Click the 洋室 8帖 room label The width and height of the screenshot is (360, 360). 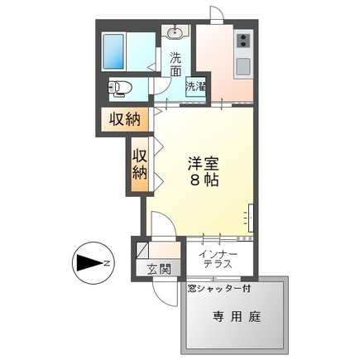pyautogui.click(x=204, y=172)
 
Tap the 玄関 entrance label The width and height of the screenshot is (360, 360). pyautogui.click(x=159, y=269)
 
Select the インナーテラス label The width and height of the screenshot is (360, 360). pyautogui.click(x=218, y=259)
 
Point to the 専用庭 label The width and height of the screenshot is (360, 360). pyautogui.click(x=237, y=317)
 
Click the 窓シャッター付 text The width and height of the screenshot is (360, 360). pyautogui.click(x=219, y=289)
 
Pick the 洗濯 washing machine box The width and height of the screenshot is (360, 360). pyautogui.click(x=195, y=87)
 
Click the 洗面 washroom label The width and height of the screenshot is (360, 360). pyautogui.click(x=175, y=64)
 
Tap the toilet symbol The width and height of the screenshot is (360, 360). pyautogui.click(x=118, y=89)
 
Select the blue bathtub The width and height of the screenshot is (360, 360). pyautogui.click(x=113, y=51)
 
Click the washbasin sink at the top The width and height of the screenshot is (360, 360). pyautogui.click(x=175, y=32)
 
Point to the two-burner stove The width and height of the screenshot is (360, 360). pyautogui.click(x=243, y=41)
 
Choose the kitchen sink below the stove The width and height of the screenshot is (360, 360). pyautogui.click(x=243, y=66)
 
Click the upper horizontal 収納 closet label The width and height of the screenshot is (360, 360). pyautogui.click(x=125, y=119)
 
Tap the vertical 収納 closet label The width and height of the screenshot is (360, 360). pyautogui.click(x=139, y=165)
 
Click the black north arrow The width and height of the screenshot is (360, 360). pyautogui.click(x=89, y=263)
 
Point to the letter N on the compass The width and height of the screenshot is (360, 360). pyautogui.click(x=106, y=263)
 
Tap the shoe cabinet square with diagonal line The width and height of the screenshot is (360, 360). pyautogui.click(x=142, y=250)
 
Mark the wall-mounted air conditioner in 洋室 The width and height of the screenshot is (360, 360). pyautogui.click(x=251, y=218)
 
